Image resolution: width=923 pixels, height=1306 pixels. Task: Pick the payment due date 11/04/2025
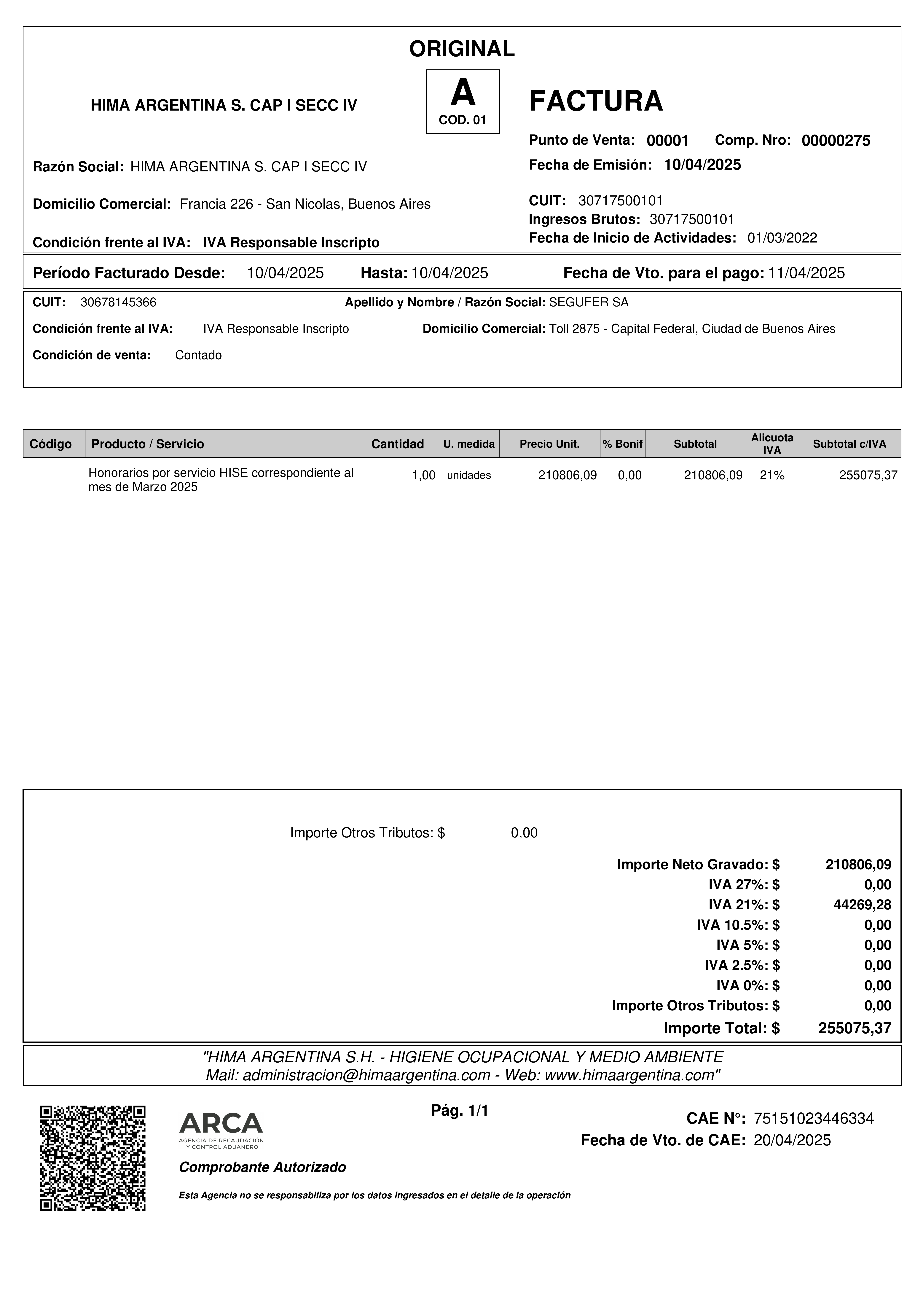coord(806,273)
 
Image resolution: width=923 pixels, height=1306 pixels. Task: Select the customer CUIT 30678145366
coord(118,303)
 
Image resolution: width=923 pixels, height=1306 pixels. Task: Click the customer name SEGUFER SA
coord(589,303)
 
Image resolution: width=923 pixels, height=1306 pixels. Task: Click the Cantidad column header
coord(398,444)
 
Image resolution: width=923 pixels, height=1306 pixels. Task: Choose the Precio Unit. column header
coord(549,444)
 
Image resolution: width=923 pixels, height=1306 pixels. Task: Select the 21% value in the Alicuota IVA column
coord(772,476)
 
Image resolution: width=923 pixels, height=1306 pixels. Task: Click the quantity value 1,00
coord(424,476)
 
